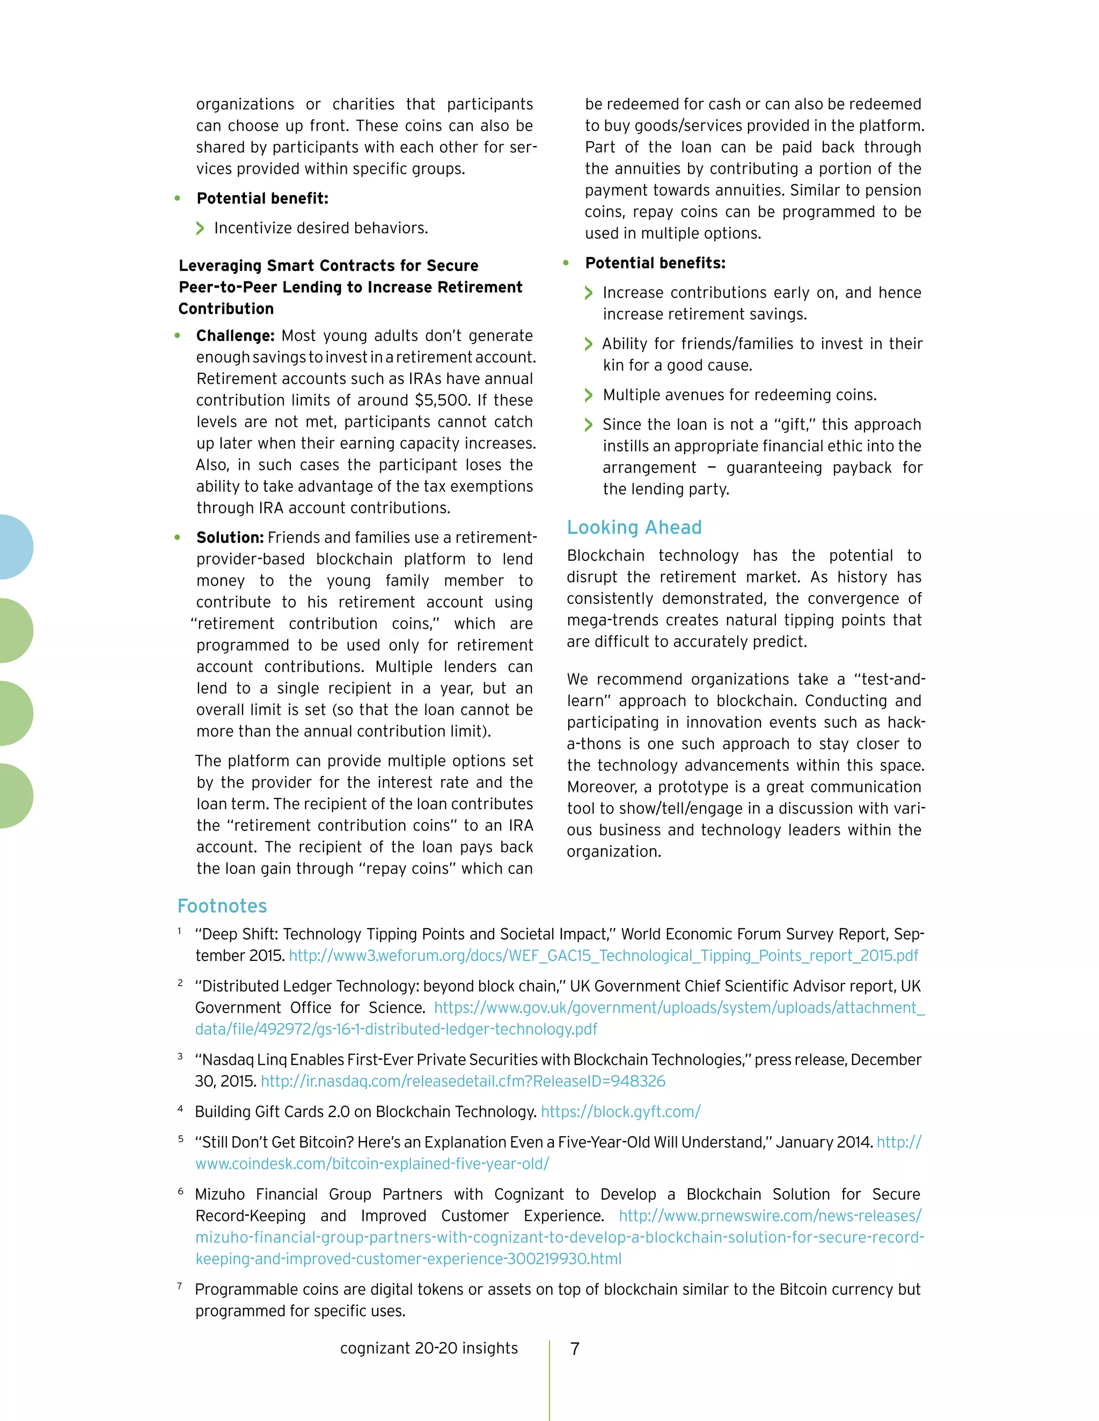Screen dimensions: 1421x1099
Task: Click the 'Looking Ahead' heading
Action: tap(634, 527)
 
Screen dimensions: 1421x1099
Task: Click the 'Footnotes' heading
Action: tap(222, 906)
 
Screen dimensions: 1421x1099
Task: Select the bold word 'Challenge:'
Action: tap(236, 336)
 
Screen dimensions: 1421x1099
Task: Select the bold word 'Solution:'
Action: tap(230, 537)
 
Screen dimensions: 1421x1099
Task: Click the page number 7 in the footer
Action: tap(574, 1349)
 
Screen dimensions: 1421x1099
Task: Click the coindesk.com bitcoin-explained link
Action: tap(372, 1164)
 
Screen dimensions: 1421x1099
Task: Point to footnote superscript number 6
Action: tap(180, 1190)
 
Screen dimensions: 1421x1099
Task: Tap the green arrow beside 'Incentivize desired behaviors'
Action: tap(200, 228)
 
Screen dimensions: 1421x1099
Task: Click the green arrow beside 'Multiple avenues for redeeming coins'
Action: tap(589, 395)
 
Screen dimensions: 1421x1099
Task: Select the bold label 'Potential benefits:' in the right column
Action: tap(655, 263)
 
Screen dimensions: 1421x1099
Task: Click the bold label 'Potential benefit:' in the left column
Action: tap(262, 198)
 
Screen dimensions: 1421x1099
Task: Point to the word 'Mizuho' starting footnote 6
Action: tap(220, 1194)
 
